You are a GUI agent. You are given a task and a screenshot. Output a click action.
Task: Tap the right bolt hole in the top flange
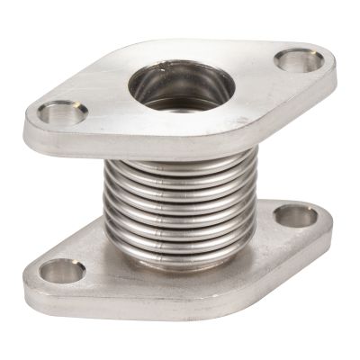pos(299,60)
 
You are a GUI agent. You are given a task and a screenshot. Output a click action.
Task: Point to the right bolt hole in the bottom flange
pos(295,215)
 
